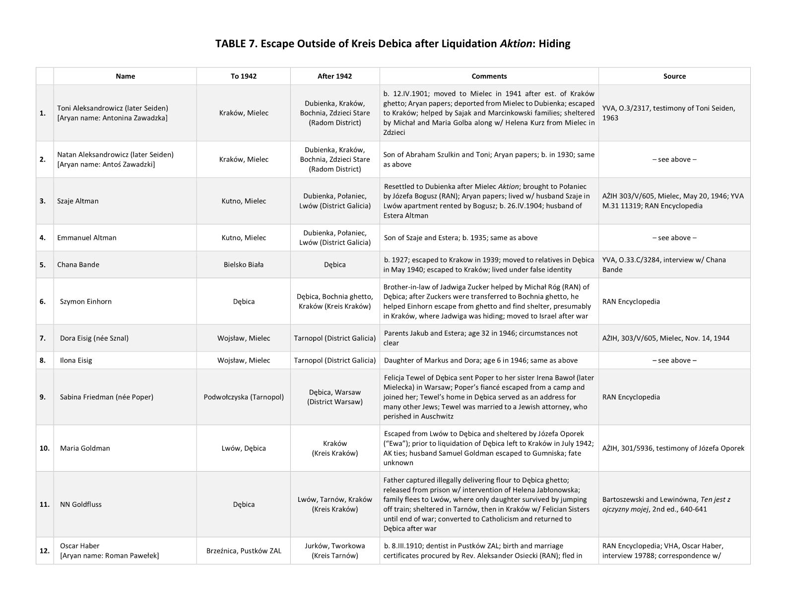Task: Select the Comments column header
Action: coord(489,76)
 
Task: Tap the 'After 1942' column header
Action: coord(334,76)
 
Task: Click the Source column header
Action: coord(674,76)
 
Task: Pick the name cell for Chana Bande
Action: coord(78,265)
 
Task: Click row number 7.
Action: coord(43,338)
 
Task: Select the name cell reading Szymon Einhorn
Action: coord(86,302)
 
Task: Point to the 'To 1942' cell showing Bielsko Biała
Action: coord(243,265)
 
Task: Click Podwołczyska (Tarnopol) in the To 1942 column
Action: coord(243,397)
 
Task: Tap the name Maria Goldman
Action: coord(85,448)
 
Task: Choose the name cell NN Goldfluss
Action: coord(81,504)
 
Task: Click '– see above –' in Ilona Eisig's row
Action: coord(674,361)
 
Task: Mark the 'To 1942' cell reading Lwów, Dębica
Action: coord(243,448)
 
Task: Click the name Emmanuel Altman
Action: coord(87,238)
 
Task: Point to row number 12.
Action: coord(44,550)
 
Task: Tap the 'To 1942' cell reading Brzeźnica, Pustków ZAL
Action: coord(243,550)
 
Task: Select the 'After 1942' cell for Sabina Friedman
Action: coord(334,397)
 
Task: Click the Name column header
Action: coord(125,76)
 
